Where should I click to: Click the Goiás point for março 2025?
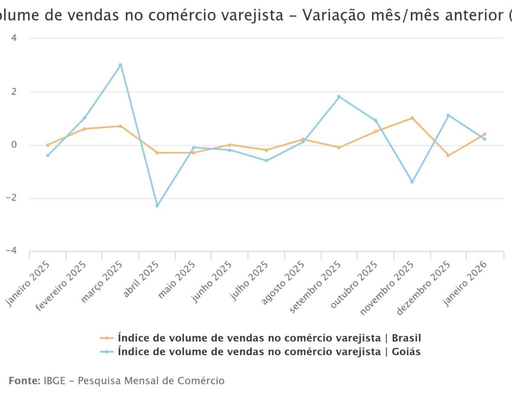(120, 65)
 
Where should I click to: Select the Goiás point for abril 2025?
(157, 205)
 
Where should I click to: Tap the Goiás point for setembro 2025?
(339, 96)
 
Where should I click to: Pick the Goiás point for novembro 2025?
(412, 181)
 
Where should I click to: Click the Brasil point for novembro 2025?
(412, 118)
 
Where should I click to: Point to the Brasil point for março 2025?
(120, 126)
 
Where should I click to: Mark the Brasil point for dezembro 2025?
(448, 155)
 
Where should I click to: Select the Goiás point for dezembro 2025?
(448, 115)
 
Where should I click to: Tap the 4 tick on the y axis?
(14, 38)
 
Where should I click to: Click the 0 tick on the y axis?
(14, 145)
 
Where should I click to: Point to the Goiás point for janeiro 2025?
(47, 155)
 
